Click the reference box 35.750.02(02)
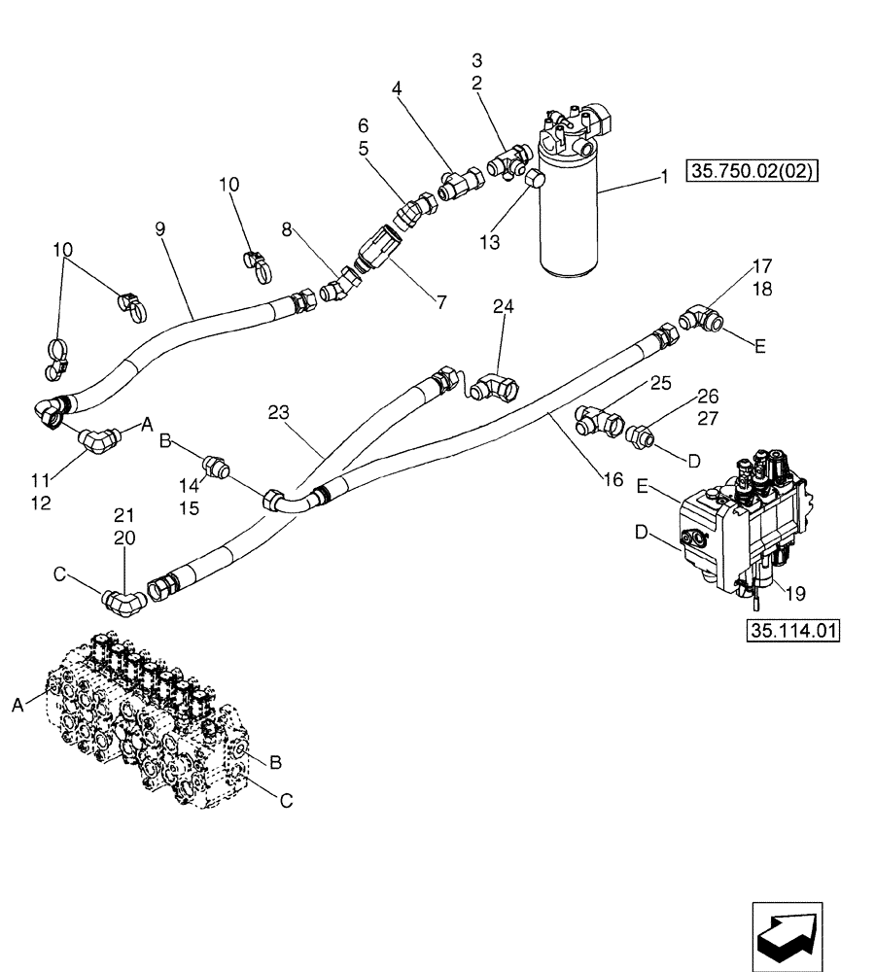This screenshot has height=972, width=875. click(x=752, y=173)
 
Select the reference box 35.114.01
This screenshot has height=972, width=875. click(x=792, y=631)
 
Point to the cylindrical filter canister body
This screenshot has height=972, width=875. click(x=568, y=214)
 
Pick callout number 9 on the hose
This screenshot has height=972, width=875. click(x=160, y=228)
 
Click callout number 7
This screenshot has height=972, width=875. click(x=441, y=303)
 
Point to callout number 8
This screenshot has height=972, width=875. click(x=287, y=229)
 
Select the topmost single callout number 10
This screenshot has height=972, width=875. click(x=227, y=184)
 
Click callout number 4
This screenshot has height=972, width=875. click(x=397, y=88)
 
